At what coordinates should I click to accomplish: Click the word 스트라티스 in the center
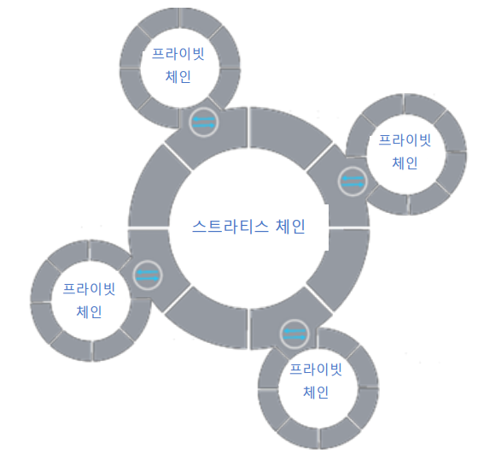230,226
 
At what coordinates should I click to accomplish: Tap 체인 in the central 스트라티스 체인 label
290,226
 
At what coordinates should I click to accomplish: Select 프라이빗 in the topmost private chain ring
178,54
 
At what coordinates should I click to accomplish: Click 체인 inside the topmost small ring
178,76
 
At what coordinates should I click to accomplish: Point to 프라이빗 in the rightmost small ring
405,140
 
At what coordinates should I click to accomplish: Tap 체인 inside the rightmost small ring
405,163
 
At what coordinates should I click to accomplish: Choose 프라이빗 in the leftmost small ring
89,289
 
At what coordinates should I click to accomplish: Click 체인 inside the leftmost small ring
89,311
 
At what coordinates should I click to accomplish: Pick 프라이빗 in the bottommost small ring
316,370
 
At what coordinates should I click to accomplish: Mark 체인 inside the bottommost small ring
316,392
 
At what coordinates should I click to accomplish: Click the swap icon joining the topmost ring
204,122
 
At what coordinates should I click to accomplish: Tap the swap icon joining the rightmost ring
353,181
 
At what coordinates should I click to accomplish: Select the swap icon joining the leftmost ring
148,275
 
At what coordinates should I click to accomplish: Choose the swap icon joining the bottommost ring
294,334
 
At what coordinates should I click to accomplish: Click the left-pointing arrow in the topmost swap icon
204,119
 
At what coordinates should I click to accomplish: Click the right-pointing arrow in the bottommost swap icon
294,337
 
